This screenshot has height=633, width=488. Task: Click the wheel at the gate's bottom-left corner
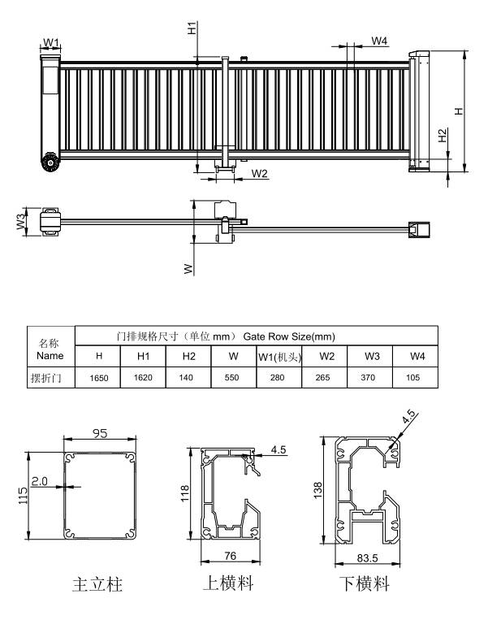(x=50, y=163)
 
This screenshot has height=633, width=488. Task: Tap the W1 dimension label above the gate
(x=51, y=42)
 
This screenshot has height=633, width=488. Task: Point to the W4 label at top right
(x=379, y=41)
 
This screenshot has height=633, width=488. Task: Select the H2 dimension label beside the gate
(x=443, y=135)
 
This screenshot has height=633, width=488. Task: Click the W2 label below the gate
(x=259, y=174)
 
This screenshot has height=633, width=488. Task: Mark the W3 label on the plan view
(x=21, y=222)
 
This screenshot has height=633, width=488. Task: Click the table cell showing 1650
(x=99, y=378)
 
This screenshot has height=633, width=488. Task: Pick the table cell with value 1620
(x=143, y=378)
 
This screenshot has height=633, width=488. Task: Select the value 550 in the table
(x=232, y=378)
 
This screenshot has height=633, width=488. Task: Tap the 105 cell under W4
(x=413, y=378)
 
